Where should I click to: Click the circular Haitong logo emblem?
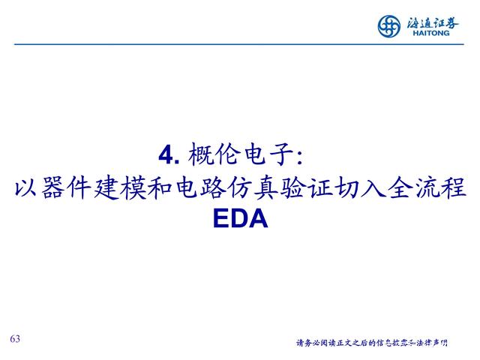pyautogui.click(x=388, y=26)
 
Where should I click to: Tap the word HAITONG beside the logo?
pyautogui.click(x=431, y=33)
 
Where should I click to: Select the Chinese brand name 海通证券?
pyautogui.click(x=433, y=22)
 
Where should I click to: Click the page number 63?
pyautogui.click(x=15, y=338)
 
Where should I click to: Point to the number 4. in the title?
pyautogui.click(x=169, y=155)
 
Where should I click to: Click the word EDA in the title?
pyautogui.click(x=240, y=218)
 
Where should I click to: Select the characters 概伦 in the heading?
pyautogui.click(x=213, y=154)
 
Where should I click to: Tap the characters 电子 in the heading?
pyautogui.click(x=269, y=154)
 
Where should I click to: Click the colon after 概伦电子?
pyautogui.click(x=300, y=157)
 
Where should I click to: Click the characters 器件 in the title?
pyautogui.click(x=67, y=187)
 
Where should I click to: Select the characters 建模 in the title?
pyautogui.click(x=120, y=187)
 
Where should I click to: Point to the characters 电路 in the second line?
pyautogui.click(x=200, y=187)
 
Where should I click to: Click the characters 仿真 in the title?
pyautogui.click(x=254, y=187)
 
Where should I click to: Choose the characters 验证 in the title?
pyautogui.click(x=307, y=187)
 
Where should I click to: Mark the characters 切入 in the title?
pyautogui.click(x=360, y=187)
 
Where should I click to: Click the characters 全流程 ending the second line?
pyautogui.click(x=427, y=187)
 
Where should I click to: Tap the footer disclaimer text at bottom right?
pyautogui.click(x=372, y=343)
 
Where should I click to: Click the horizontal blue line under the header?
pyautogui.click(x=239, y=44)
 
